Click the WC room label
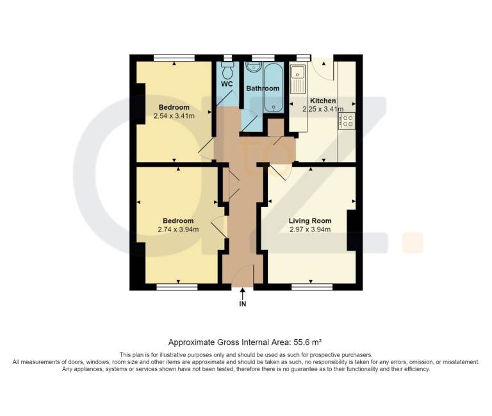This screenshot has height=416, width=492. (x=227, y=84)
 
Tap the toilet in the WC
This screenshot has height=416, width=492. (x=227, y=70)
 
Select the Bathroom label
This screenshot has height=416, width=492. (x=263, y=88)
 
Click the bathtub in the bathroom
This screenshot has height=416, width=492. (x=274, y=87)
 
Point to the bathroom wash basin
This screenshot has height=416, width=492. (x=253, y=67)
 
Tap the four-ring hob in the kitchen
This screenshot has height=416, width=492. (x=347, y=121)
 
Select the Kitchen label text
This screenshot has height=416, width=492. (x=323, y=101)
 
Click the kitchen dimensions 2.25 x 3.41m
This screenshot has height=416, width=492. (x=323, y=109)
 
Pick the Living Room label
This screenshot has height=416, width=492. (x=310, y=220)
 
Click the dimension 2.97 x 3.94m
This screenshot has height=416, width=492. (x=310, y=229)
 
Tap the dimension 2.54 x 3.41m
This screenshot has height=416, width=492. (x=174, y=116)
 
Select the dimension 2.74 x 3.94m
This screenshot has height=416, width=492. (x=178, y=229)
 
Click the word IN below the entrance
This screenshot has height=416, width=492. (x=243, y=304)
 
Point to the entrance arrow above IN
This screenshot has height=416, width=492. (x=243, y=294)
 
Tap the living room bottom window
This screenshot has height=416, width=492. (x=312, y=287)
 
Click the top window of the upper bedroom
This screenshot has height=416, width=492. (x=174, y=58)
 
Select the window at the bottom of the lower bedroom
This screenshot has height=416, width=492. (x=177, y=287)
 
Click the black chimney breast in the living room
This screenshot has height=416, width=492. (x=352, y=231)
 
